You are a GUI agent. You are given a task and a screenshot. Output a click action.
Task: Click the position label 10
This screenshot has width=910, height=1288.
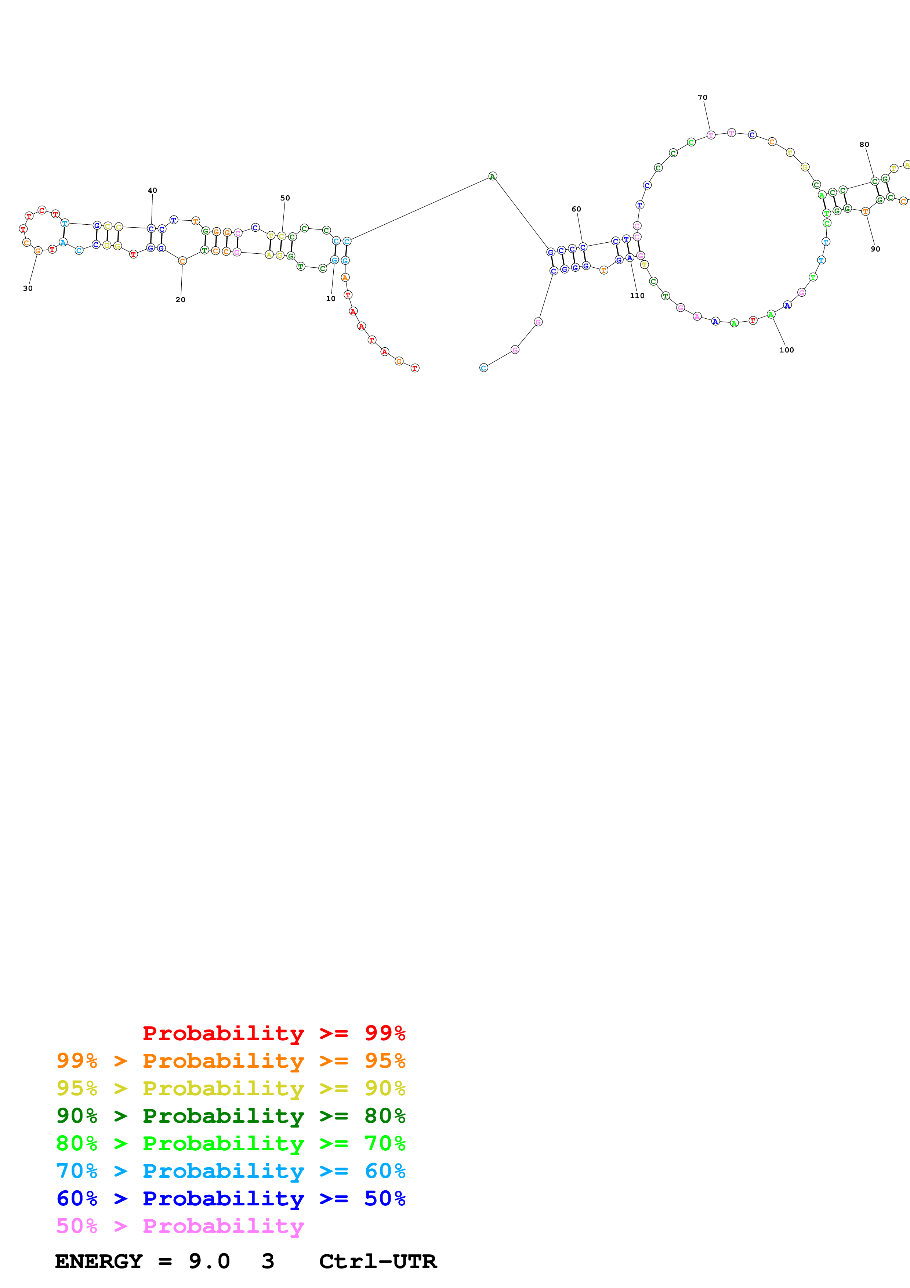point(331,299)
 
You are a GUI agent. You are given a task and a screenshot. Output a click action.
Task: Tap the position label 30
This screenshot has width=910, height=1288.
point(28,288)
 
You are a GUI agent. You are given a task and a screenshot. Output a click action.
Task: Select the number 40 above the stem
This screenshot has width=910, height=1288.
point(152,190)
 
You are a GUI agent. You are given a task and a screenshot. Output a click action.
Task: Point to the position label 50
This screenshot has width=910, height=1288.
point(285,198)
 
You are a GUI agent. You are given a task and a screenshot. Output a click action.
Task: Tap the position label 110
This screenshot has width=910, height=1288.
point(637,296)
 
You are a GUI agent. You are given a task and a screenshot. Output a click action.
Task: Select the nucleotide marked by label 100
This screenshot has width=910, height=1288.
point(771,315)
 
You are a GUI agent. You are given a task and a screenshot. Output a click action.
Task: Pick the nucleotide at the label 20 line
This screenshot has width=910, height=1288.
point(182,261)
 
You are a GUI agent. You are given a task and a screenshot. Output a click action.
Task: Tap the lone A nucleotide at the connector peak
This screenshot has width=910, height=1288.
point(492,176)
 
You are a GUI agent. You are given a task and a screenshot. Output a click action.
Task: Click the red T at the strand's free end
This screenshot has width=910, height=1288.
point(415,368)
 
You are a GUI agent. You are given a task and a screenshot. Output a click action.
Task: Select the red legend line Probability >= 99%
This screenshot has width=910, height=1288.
point(273,1033)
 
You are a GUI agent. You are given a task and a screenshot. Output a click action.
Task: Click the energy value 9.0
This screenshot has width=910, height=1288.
point(209,1261)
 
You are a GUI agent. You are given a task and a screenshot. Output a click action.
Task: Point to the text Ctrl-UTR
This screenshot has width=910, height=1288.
point(377,1261)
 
